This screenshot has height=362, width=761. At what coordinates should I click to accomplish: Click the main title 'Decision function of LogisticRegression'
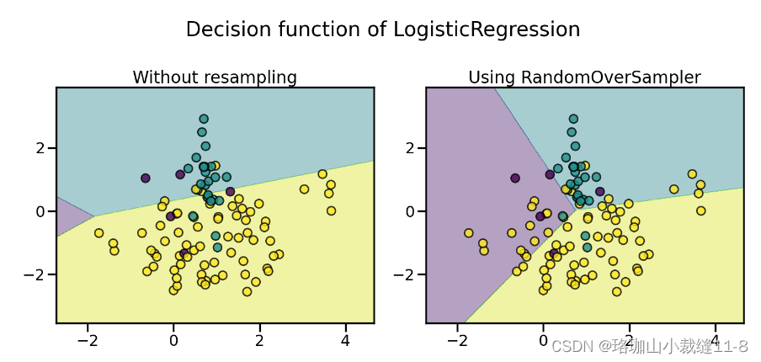pyautogui.click(x=382, y=29)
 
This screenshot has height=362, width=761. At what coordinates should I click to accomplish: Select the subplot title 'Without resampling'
pyautogui.click(x=215, y=77)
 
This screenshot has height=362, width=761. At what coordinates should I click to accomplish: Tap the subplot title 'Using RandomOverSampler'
pyautogui.click(x=584, y=77)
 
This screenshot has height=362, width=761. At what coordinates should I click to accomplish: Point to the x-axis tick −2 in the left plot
pyautogui.click(x=88, y=341)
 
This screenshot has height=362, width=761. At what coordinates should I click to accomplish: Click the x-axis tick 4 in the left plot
pyautogui.click(x=345, y=341)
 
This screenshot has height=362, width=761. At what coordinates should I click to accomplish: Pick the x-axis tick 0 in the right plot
pyautogui.click(x=543, y=341)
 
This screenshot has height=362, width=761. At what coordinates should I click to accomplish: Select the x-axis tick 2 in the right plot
pyautogui.click(x=629, y=341)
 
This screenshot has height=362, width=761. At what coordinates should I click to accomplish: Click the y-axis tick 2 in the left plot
pyautogui.click(x=39, y=148)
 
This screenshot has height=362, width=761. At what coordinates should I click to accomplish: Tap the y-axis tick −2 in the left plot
pyautogui.click(x=35, y=275)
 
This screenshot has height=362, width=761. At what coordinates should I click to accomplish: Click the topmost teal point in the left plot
pyautogui.click(x=204, y=119)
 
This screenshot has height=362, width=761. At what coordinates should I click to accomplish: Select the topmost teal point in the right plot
pyautogui.click(x=573, y=119)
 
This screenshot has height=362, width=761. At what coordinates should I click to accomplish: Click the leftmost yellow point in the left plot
pyautogui.click(x=98, y=233)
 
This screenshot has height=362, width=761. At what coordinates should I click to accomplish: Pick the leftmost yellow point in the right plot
pyautogui.click(x=468, y=233)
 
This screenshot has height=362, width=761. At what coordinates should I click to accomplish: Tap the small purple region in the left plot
pyautogui.click(x=69, y=216)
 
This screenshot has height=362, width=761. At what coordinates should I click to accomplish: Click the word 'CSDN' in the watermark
pyautogui.click(x=571, y=346)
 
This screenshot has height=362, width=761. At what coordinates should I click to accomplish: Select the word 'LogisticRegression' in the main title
pyautogui.click(x=487, y=29)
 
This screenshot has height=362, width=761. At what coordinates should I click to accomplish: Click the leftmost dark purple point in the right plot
pyautogui.click(x=514, y=178)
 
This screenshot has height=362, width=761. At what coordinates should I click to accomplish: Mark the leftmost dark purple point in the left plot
pyautogui.click(x=146, y=178)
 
